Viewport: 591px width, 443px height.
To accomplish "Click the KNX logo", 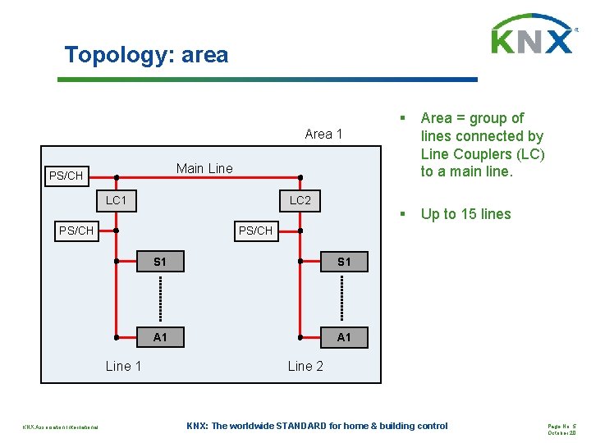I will click(533, 35).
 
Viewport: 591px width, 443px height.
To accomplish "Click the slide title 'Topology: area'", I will click(146, 55).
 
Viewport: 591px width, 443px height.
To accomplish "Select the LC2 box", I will click(300, 199).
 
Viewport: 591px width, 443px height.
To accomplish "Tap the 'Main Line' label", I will click(204, 168).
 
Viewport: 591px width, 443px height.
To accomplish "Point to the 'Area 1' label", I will click(323, 134).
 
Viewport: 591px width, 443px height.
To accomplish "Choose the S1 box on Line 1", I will click(160, 262).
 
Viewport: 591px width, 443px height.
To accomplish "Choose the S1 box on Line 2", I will click(344, 262).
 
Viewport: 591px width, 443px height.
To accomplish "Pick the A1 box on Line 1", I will click(160, 337).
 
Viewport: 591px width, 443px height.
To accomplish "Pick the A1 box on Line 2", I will click(344, 337).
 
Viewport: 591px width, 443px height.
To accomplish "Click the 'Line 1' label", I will click(123, 366).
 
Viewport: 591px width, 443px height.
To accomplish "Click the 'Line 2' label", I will click(305, 366).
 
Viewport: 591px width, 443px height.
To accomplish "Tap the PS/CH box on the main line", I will click(66, 176).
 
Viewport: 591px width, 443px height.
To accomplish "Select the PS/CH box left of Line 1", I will click(76, 231).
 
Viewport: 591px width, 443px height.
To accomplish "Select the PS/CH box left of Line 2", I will click(255, 231).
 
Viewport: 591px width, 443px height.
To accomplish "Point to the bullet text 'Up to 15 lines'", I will click(465, 214).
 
